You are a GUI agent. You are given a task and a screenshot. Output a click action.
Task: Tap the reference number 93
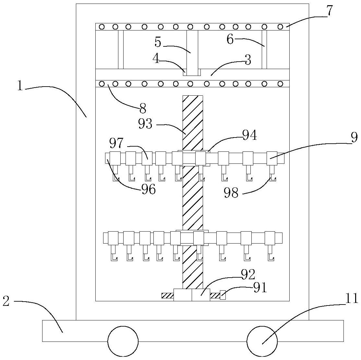click(x=145, y=124)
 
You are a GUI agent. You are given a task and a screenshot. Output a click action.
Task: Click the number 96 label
click(x=148, y=189)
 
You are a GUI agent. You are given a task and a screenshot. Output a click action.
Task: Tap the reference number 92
click(x=248, y=275)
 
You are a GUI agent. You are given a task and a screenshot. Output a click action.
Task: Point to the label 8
click(x=143, y=108)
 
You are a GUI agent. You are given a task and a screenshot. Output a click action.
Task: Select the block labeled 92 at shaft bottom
click(x=191, y=295)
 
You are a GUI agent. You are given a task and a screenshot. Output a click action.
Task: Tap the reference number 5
click(x=158, y=42)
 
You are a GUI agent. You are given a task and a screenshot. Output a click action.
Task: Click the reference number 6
click(x=230, y=40)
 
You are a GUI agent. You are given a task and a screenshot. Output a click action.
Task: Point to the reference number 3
click(x=247, y=60)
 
